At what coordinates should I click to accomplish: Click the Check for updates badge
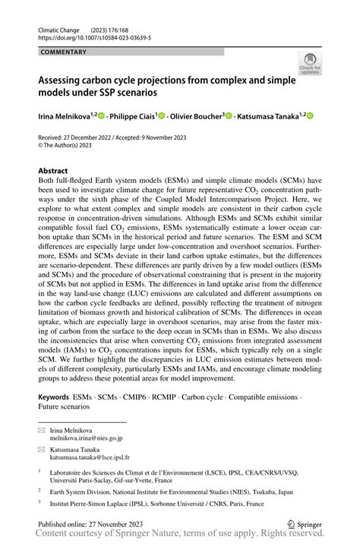pyautogui.click(x=310, y=63)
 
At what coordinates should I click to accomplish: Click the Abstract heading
pyautogui.click(x=53, y=171)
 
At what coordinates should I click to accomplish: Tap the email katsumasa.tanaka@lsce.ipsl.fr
pyautogui.click(x=90, y=458)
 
